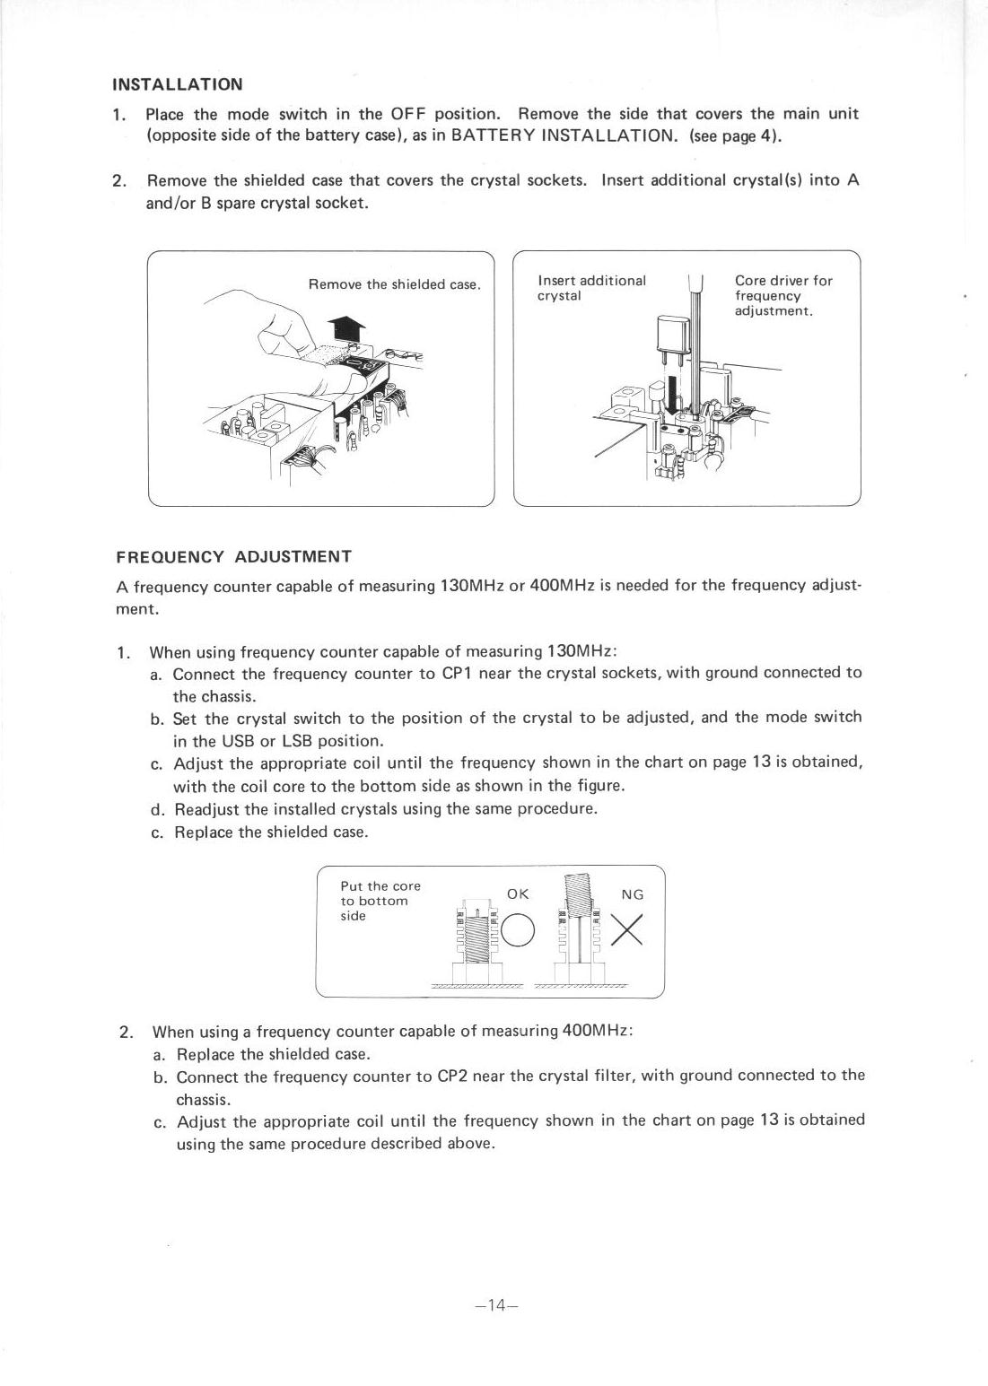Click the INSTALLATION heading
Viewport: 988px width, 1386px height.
tap(177, 84)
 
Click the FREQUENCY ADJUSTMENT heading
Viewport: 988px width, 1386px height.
tap(233, 556)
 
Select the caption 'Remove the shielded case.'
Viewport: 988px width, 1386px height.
tap(395, 284)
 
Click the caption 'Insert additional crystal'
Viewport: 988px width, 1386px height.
tap(590, 288)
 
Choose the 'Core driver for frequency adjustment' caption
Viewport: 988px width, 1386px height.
tap(783, 295)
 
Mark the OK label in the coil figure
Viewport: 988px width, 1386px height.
tap(518, 893)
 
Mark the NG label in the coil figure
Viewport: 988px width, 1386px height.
tap(633, 894)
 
